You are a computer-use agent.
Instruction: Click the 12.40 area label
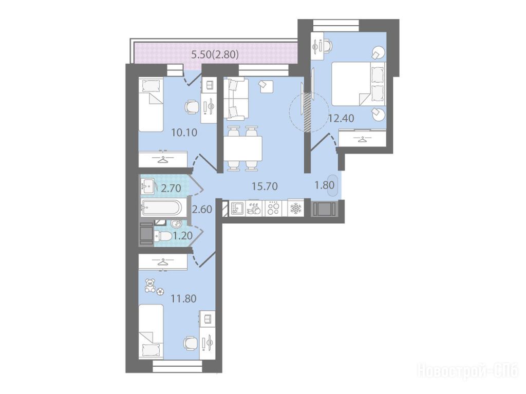[x=341, y=118]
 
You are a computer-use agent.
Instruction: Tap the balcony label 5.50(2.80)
[x=215, y=54]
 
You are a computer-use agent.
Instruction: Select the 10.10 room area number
[x=184, y=132]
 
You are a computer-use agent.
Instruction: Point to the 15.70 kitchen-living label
[x=265, y=186]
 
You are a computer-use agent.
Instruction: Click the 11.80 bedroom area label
[x=183, y=298]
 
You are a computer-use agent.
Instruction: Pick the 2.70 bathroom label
[x=171, y=189]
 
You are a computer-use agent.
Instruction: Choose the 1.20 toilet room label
[x=182, y=235]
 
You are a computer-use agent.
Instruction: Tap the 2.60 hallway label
[x=202, y=209]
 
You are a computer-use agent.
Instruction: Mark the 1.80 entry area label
[x=325, y=185]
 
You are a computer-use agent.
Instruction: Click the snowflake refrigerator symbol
[x=295, y=209]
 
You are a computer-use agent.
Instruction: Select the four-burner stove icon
[x=273, y=209]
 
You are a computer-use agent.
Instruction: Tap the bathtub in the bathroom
[x=162, y=208]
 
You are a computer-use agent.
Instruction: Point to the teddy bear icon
[x=150, y=286]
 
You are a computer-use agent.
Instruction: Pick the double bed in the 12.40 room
[x=358, y=84]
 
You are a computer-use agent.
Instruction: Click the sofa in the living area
[x=236, y=99]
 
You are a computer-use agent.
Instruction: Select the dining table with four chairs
[x=243, y=148]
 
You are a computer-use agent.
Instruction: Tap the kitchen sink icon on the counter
[x=238, y=209]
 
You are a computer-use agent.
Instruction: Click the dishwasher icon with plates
[x=255, y=209]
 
